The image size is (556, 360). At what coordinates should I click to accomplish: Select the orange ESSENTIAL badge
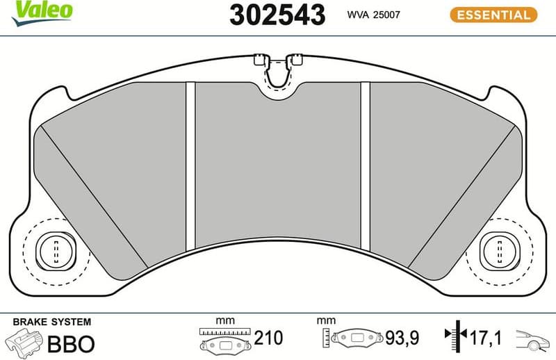(493, 15)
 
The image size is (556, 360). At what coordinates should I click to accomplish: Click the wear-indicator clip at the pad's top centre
(277, 69)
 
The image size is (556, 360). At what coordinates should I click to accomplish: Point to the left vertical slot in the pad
(190, 165)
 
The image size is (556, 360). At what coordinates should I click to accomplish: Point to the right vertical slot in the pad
(365, 165)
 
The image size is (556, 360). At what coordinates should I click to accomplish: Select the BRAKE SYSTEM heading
(52, 322)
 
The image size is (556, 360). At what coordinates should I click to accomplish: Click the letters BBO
(70, 343)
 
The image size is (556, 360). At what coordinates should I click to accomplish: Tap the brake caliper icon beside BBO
(23, 342)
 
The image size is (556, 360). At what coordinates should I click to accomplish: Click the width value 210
(268, 338)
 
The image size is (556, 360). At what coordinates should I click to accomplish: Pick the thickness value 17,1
(485, 338)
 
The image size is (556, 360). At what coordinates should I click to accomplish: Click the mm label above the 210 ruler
(224, 321)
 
